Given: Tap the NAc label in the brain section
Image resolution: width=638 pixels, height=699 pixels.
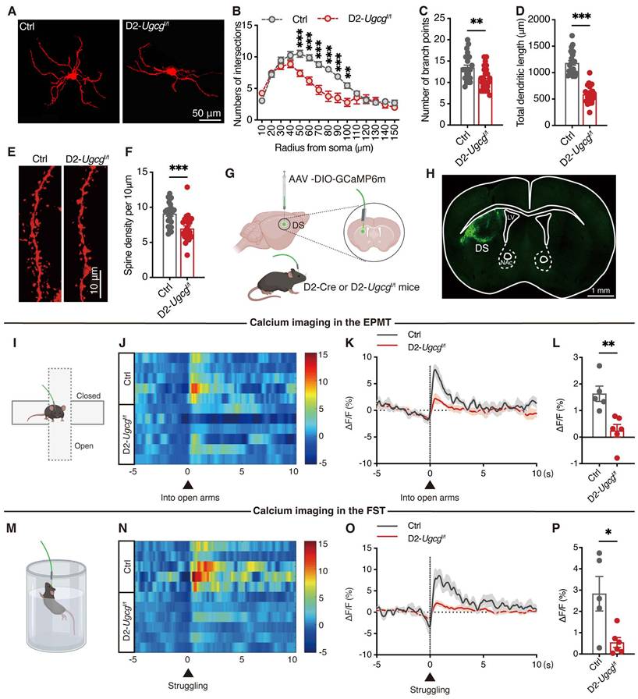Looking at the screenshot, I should tap(507, 264).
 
